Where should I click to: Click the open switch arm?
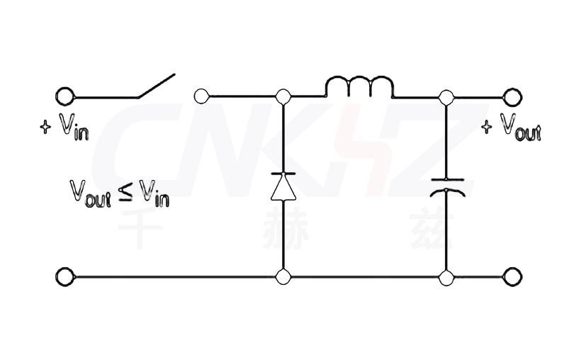(x=154, y=85)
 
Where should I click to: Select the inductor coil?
(x=359, y=87)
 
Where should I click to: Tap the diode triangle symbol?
(x=283, y=186)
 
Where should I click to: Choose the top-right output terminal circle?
(x=512, y=96)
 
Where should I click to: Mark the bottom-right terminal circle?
(x=512, y=276)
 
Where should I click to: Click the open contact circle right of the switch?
(x=201, y=96)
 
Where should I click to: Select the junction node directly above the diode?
(x=283, y=96)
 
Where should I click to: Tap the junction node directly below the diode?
(x=283, y=276)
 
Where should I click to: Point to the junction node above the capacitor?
(x=446, y=96)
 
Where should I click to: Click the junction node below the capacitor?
(x=446, y=276)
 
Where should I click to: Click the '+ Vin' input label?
(x=65, y=129)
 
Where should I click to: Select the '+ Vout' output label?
(x=511, y=128)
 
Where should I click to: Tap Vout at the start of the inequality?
(x=91, y=191)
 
